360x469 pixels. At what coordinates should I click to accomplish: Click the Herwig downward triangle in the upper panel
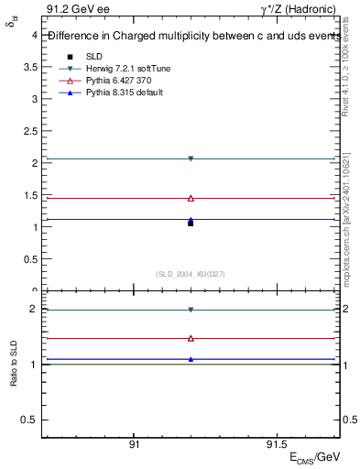click(x=191, y=158)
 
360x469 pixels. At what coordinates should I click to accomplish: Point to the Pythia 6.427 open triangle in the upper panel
click(x=191, y=198)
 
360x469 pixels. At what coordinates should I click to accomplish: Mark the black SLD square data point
click(x=191, y=223)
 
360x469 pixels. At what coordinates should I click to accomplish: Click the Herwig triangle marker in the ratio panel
click(x=191, y=310)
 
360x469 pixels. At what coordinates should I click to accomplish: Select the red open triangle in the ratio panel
click(x=191, y=338)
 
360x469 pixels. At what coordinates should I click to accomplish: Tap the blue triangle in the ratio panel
click(x=191, y=359)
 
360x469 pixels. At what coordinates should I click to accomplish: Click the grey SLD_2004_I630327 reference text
click(x=191, y=274)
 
